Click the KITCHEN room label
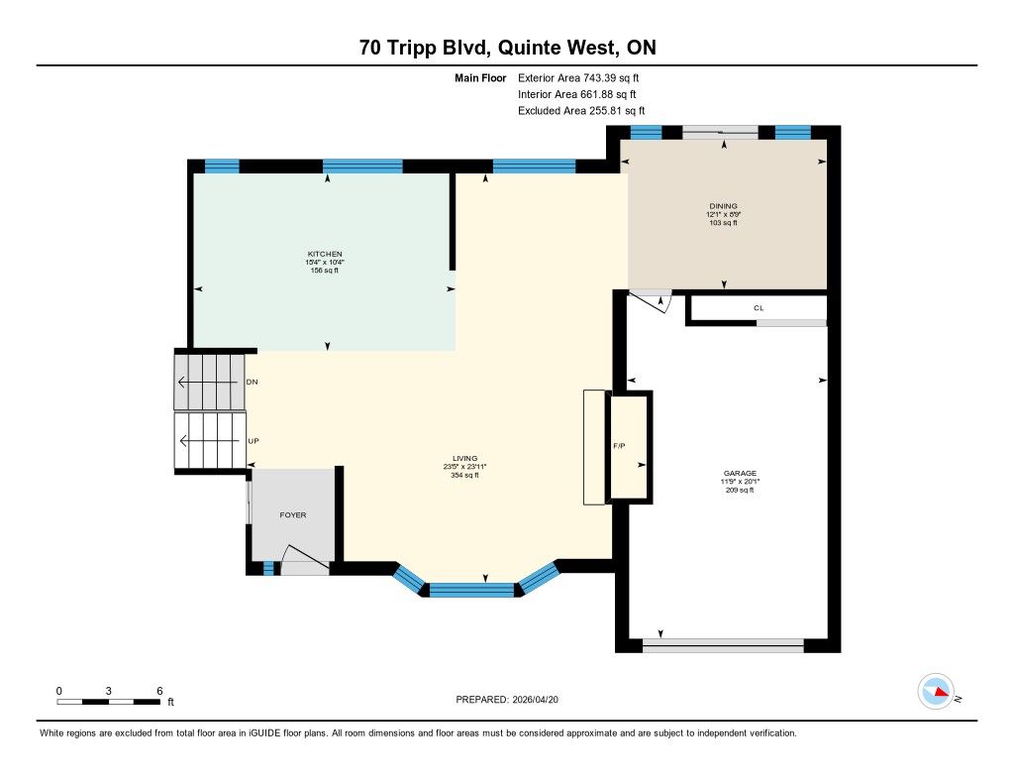click(325, 254)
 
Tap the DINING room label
click(723, 206)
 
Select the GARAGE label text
click(740, 473)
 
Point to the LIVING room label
click(464, 458)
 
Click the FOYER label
click(293, 515)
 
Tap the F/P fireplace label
click(619, 446)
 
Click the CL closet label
click(759, 308)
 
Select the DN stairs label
click(253, 382)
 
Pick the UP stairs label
click(253, 441)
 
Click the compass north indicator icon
click(937, 692)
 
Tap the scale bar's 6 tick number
click(159, 691)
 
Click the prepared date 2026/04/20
click(535, 700)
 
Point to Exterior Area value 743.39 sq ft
click(611, 78)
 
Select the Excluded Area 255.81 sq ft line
click(581, 111)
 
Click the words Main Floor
click(480, 78)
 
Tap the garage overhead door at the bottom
click(723, 645)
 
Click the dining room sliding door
click(721, 132)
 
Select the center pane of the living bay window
click(472, 590)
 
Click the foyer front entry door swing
click(305, 559)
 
